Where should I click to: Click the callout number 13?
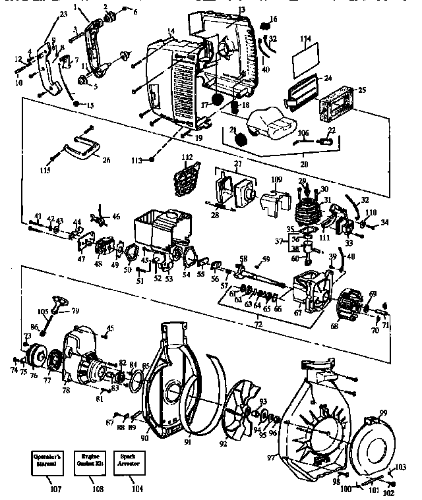pyautogui.click(x=241, y=9)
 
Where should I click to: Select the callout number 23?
pyautogui.click(x=63, y=13)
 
